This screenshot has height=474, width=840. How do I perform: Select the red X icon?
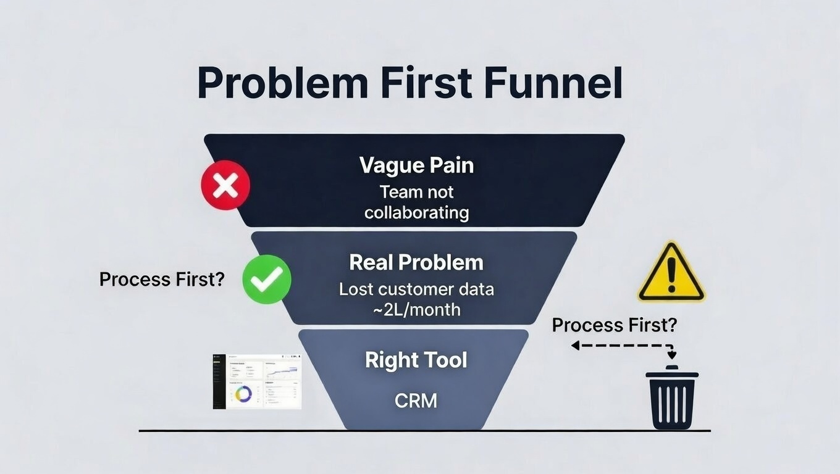coord(225,185)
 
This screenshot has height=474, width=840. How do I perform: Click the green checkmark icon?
coord(266,280)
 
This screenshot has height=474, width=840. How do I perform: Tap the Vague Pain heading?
coord(416,165)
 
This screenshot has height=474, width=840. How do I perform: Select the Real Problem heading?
coord(416,262)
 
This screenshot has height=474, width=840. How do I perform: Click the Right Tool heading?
coord(416,360)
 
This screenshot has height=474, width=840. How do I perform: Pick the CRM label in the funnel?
coord(416,401)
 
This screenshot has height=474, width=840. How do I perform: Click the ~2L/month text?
coord(416,309)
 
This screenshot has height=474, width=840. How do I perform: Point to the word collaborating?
coord(416,213)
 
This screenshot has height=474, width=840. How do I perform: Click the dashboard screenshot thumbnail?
coord(257,381)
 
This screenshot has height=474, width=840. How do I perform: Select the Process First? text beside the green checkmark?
coord(162,279)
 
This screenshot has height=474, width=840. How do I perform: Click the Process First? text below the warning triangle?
coord(614,325)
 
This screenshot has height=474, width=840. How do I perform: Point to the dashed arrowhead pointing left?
coord(575,346)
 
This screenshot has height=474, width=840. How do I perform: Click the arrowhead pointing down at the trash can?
coord(672,355)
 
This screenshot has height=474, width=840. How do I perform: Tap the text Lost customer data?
coord(416,289)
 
